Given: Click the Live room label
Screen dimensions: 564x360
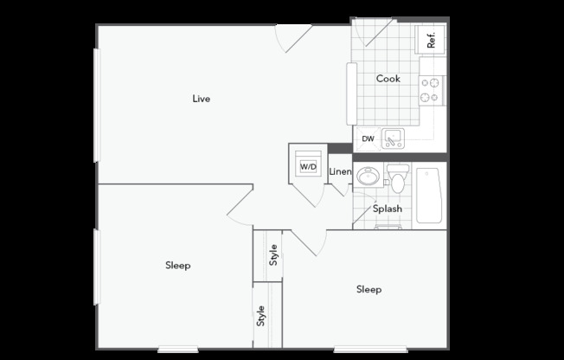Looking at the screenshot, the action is (x=201, y=99).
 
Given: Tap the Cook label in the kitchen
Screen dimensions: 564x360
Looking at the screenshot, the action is (x=388, y=79).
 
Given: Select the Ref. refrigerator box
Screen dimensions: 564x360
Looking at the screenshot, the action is (x=430, y=40).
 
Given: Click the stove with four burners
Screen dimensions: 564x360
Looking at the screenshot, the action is (x=432, y=90).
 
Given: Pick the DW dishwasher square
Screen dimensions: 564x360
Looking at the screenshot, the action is (x=367, y=138).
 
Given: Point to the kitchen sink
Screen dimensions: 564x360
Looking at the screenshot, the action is (x=393, y=138).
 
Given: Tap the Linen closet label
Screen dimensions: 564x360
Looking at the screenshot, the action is (x=340, y=171).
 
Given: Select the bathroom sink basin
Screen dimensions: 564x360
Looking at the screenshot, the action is (x=368, y=177).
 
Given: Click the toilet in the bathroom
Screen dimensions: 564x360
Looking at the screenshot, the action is (x=398, y=178).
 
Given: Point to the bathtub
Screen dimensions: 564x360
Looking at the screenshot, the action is (x=429, y=196).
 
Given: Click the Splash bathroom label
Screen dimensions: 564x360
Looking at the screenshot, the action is (x=388, y=209).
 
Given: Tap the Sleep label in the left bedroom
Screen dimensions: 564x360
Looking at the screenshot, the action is (x=177, y=266).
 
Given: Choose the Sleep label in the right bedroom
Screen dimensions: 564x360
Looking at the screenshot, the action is (x=369, y=289).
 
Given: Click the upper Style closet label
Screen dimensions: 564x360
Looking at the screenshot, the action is (x=273, y=255).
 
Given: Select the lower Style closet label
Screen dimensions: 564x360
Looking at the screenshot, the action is (x=260, y=316).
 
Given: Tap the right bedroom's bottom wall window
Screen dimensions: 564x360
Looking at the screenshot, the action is (x=370, y=349).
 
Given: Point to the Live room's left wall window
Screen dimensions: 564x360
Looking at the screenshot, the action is (x=97, y=105).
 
